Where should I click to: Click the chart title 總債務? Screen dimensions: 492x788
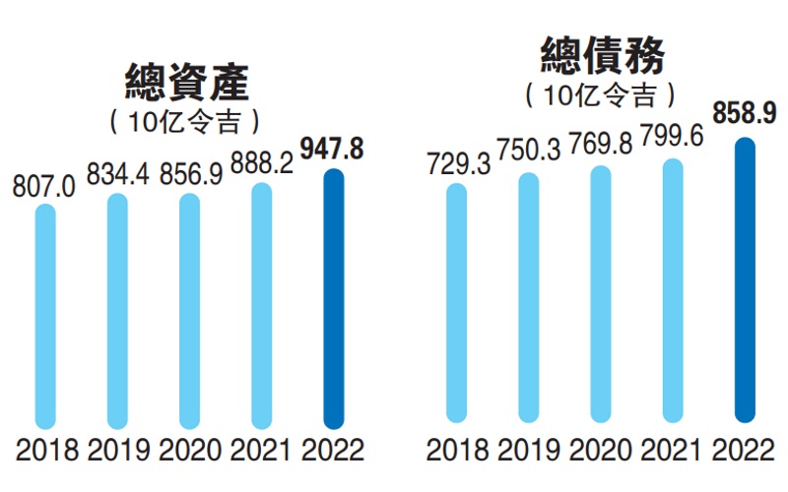(603, 56)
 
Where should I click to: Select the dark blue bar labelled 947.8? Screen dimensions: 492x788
(335, 299)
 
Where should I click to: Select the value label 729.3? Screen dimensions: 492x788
(455, 164)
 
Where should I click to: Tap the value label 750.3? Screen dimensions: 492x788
(529, 155)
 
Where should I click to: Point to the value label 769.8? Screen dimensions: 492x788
(600, 150)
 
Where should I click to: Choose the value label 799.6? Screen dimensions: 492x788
(672, 140)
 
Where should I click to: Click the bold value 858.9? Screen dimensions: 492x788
(745, 115)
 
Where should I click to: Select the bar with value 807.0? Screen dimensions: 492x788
(45, 316)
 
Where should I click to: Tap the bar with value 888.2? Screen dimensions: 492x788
(262, 305)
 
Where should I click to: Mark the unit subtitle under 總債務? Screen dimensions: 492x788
(602, 95)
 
